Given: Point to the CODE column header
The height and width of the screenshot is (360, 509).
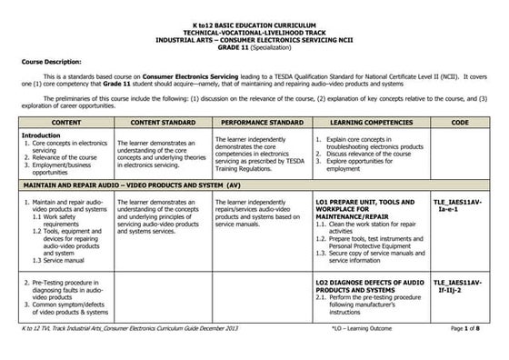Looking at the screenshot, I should click(x=460, y=120).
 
